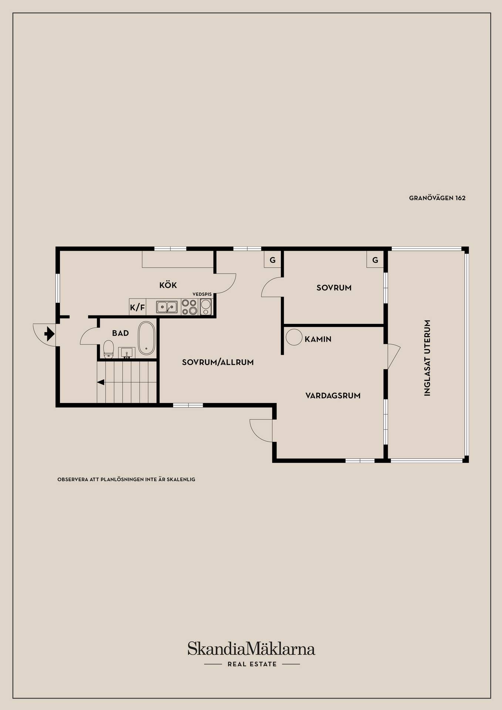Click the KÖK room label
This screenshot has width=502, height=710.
point(168,285)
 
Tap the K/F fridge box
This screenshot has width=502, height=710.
point(138,307)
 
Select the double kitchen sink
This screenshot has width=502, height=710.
point(166,307)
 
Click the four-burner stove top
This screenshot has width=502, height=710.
point(189,307)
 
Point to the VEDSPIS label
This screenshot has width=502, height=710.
point(202,294)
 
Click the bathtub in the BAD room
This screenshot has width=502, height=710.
point(146,338)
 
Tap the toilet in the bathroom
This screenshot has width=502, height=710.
point(108,350)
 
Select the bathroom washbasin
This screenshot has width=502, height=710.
point(127,353)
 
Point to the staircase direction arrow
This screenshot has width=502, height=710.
point(101,382)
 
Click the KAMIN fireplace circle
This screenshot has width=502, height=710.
point(294,337)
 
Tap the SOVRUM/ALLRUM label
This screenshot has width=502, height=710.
point(218,362)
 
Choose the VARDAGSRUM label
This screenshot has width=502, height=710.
point(333,396)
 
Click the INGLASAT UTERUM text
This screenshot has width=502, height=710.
point(427,358)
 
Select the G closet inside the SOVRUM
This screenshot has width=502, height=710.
point(375,260)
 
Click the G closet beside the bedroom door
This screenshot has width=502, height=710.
point(273,260)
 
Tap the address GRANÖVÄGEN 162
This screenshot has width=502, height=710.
point(437,198)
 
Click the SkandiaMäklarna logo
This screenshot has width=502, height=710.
point(251,648)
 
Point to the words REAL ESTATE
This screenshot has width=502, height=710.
point(252,664)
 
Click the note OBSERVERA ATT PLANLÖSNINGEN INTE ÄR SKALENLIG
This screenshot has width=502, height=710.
point(126,479)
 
